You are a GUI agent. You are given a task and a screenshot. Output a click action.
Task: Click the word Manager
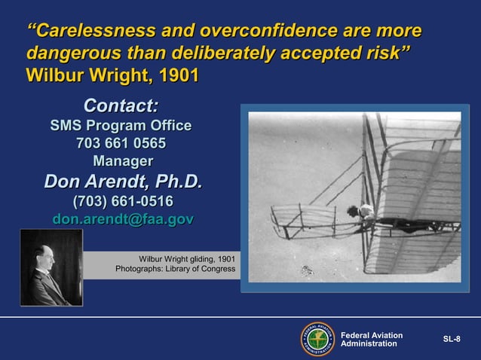(x=122, y=160)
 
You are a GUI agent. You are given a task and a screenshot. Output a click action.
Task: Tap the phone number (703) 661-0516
(x=122, y=201)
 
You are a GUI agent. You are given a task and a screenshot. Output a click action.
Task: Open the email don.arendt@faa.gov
(x=123, y=219)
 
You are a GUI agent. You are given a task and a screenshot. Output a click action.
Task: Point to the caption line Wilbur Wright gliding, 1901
(x=186, y=259)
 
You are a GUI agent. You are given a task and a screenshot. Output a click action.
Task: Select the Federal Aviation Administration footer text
(x=371, y=340)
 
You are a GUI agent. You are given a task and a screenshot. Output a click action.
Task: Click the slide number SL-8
(x=451, y=340)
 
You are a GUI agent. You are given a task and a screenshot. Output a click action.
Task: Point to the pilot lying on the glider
(x=365, y=213)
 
